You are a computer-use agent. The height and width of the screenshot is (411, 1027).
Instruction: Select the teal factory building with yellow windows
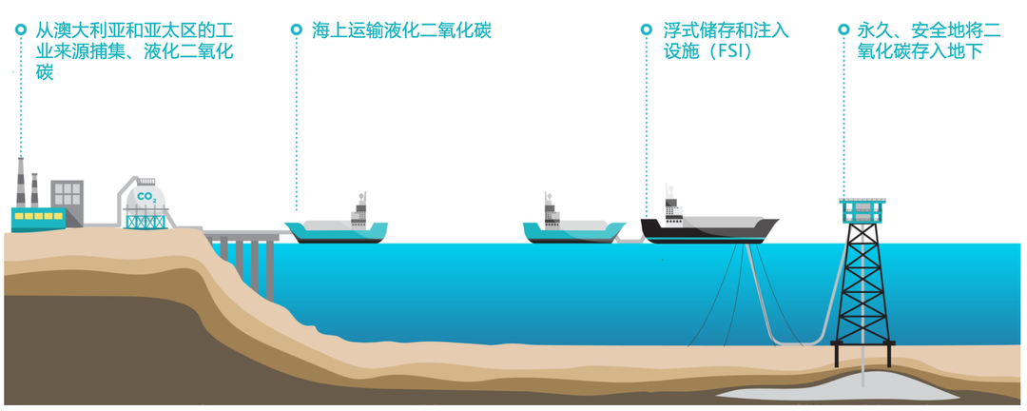39,219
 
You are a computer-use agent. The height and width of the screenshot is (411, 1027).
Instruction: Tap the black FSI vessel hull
710,230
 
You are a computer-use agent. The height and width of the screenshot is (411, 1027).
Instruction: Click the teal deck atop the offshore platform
863,209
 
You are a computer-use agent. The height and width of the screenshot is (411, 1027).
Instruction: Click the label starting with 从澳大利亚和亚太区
134,51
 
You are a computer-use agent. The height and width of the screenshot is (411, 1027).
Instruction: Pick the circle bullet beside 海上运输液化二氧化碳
296,29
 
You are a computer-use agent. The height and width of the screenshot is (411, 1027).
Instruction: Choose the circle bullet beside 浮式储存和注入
646,29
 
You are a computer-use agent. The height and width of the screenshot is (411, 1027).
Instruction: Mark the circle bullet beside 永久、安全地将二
843,29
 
